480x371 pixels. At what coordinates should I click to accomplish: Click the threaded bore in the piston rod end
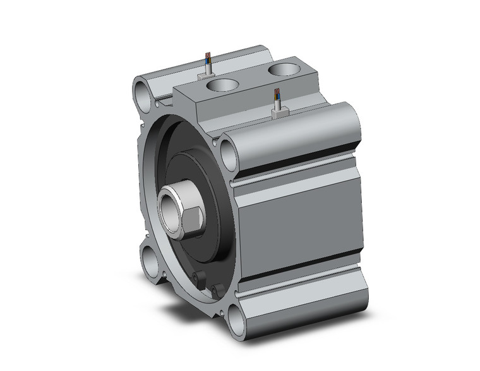pos(170,205)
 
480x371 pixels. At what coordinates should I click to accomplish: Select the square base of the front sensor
pos(279,112)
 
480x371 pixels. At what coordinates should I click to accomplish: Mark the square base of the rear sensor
pos(207,75)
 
